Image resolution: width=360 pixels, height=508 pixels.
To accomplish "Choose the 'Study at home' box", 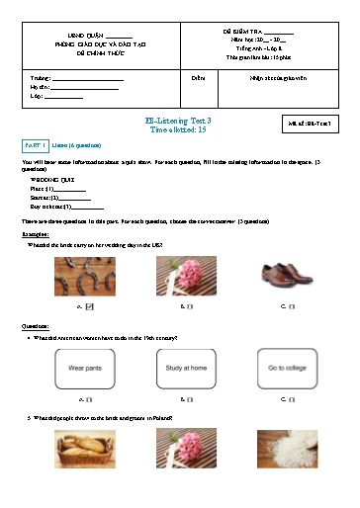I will tap(187, 367).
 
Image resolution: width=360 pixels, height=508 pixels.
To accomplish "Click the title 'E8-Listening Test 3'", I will tap(179, 120).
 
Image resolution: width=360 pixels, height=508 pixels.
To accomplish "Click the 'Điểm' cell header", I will tap(198, 75).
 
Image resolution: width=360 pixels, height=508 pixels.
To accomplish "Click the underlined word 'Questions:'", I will tap(36, 325).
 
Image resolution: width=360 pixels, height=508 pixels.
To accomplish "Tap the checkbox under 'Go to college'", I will tap(289, 399).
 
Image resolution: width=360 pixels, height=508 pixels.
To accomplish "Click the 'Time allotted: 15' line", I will tap(179, 128).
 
